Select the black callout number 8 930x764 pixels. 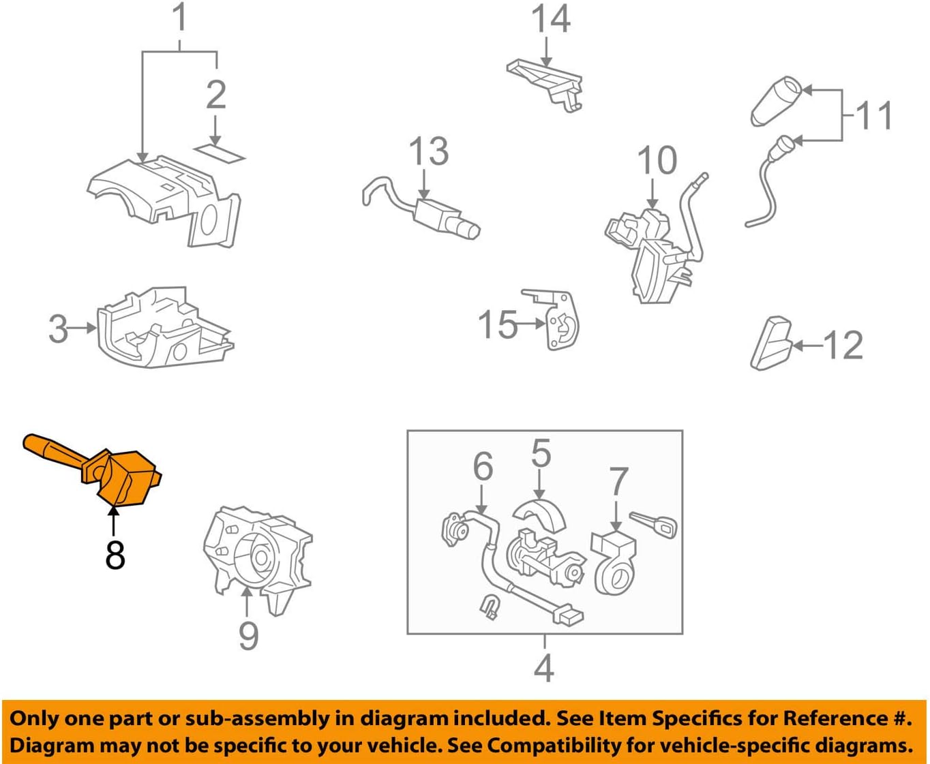115,555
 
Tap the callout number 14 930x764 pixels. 550,19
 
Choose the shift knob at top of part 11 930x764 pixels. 777,102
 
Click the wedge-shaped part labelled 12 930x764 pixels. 770,344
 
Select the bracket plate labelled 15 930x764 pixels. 558,320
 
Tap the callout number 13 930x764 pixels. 428,151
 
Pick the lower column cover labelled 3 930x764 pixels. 164,331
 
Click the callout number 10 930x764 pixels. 656,161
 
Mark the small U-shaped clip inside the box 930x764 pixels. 488,607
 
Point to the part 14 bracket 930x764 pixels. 545,82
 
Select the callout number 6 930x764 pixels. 483,467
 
